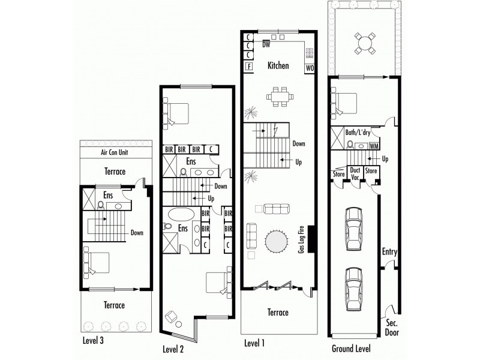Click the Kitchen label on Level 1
click(278, 65)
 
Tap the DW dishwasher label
click(266, 44)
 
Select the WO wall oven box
click(310, 68)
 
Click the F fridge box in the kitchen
click(248, 66)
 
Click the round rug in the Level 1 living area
click(277, 243)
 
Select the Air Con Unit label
click(115, 152)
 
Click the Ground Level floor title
click(351, 348)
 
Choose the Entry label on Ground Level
click(389, 252)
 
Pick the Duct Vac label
click(355, 173)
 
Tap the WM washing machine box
click(374, 145)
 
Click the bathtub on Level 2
click(179, 214)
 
